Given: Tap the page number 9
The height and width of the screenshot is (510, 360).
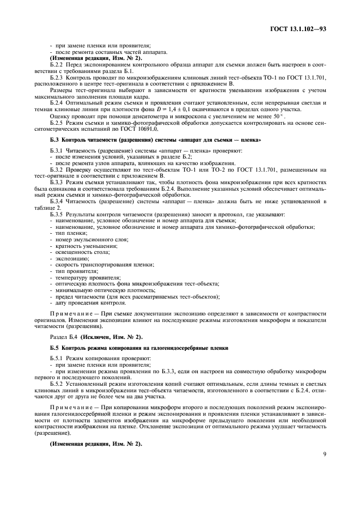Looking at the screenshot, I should (324, 466).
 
